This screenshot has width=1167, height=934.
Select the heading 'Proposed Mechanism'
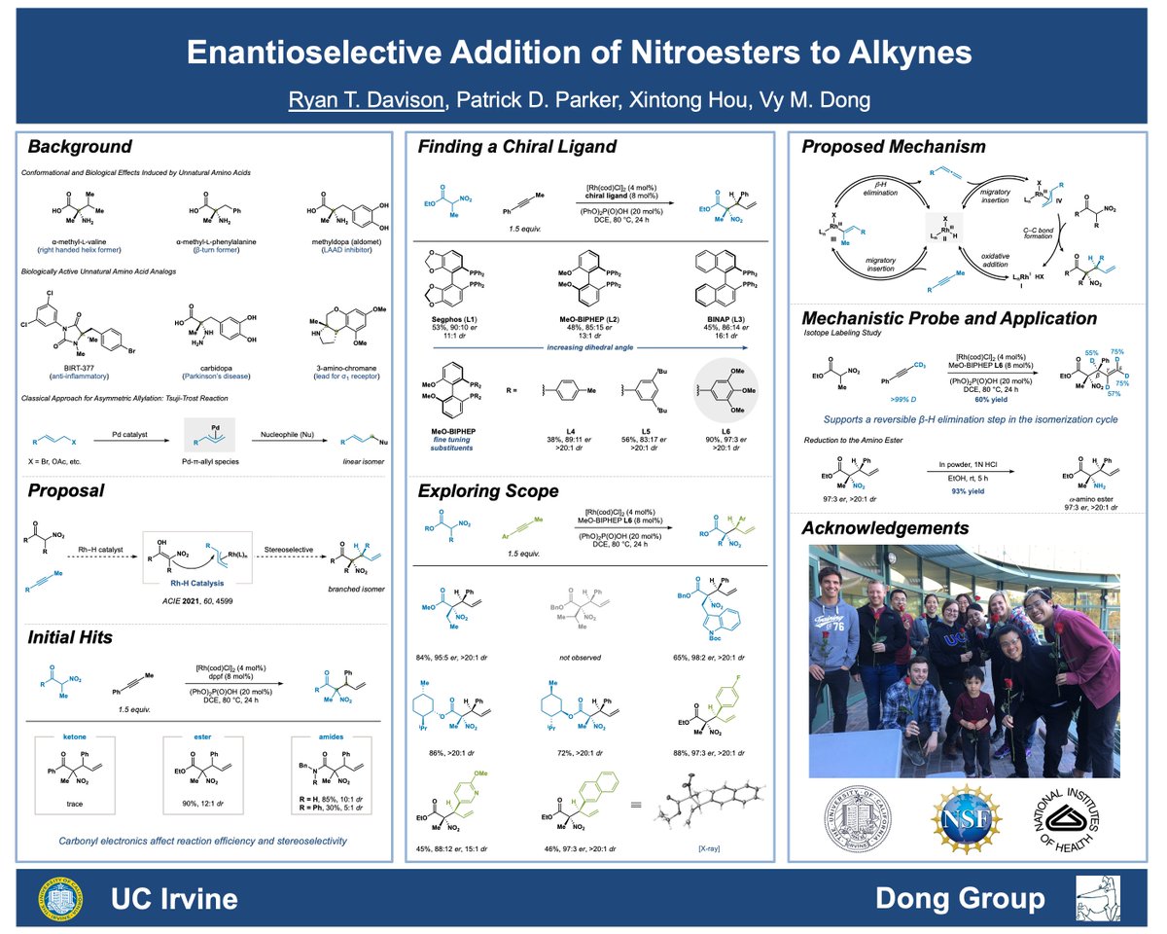tap(894, 148)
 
